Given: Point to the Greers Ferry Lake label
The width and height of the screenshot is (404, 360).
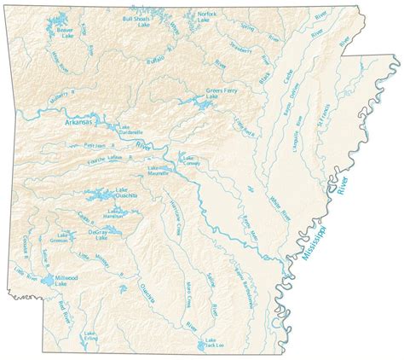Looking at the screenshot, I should (x=218, y=94).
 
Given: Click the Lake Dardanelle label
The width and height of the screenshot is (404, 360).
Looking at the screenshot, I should (x=129, y=131).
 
